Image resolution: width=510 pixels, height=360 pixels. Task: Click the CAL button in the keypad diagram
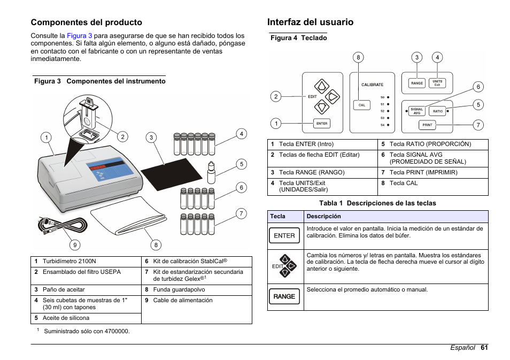tap(362, 105)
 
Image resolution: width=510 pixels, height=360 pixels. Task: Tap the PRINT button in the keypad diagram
tap(427, 125)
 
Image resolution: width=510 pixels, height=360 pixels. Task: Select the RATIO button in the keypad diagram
tap(438, 111)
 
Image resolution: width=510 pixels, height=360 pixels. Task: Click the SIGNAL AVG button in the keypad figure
tap(417, 111)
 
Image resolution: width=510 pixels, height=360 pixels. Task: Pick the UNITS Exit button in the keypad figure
tap(437, 83)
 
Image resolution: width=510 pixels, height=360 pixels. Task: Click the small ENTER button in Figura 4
tap(322, 124)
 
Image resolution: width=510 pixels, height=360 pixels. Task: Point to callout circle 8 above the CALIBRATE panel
tap(359, 57)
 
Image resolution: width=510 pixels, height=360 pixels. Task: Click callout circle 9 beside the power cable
tap(75, 245)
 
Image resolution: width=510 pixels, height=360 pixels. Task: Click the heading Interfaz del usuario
tap(310, 22)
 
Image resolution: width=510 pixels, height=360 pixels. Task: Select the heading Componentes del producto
tap(86, 22)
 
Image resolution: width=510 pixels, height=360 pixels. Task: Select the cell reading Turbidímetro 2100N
tap(65, 262)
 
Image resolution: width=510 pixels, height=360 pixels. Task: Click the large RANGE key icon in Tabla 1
tap(284, 296)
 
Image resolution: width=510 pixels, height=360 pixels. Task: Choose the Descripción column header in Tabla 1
tap(323, 217)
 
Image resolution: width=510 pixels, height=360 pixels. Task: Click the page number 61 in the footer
tap(484, 348)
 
